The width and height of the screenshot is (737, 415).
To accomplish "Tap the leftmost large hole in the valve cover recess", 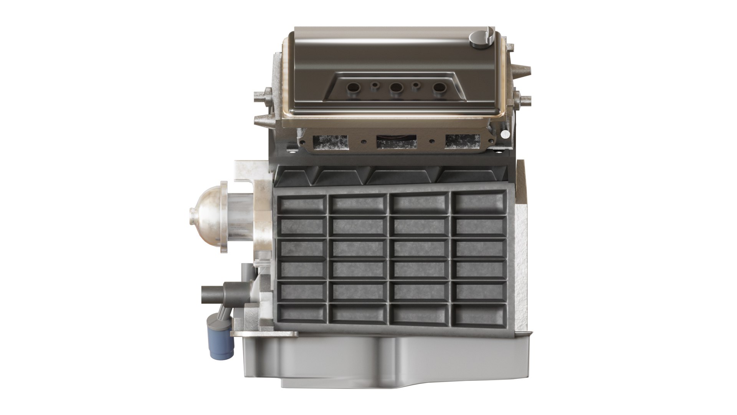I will tap(351, 88).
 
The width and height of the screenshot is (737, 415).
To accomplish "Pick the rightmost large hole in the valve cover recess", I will tap(438, 88).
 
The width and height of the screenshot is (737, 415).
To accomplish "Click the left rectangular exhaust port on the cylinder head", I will tap(330, 141).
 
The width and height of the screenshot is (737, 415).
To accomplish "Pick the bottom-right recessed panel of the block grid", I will tap(479, 314).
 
